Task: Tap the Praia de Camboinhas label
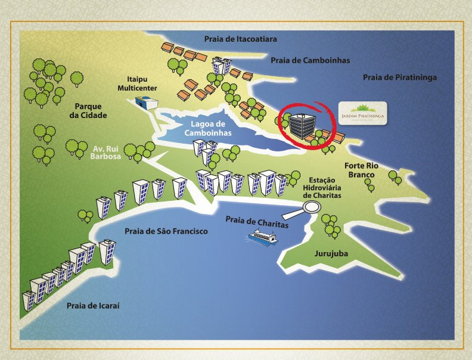click(x=310, y=60)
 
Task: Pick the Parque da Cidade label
click(x=91, y=110)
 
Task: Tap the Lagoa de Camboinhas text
click(x=207, y=128)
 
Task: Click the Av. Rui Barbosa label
click(x=108, y=152)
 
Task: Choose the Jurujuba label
click(x=331, y=254)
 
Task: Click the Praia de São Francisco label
click(x=166, y=231)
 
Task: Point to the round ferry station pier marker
click(x=311, y=207)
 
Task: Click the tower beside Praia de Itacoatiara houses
click(x=222, y=64)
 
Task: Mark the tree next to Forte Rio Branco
click(x=393, y=176)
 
